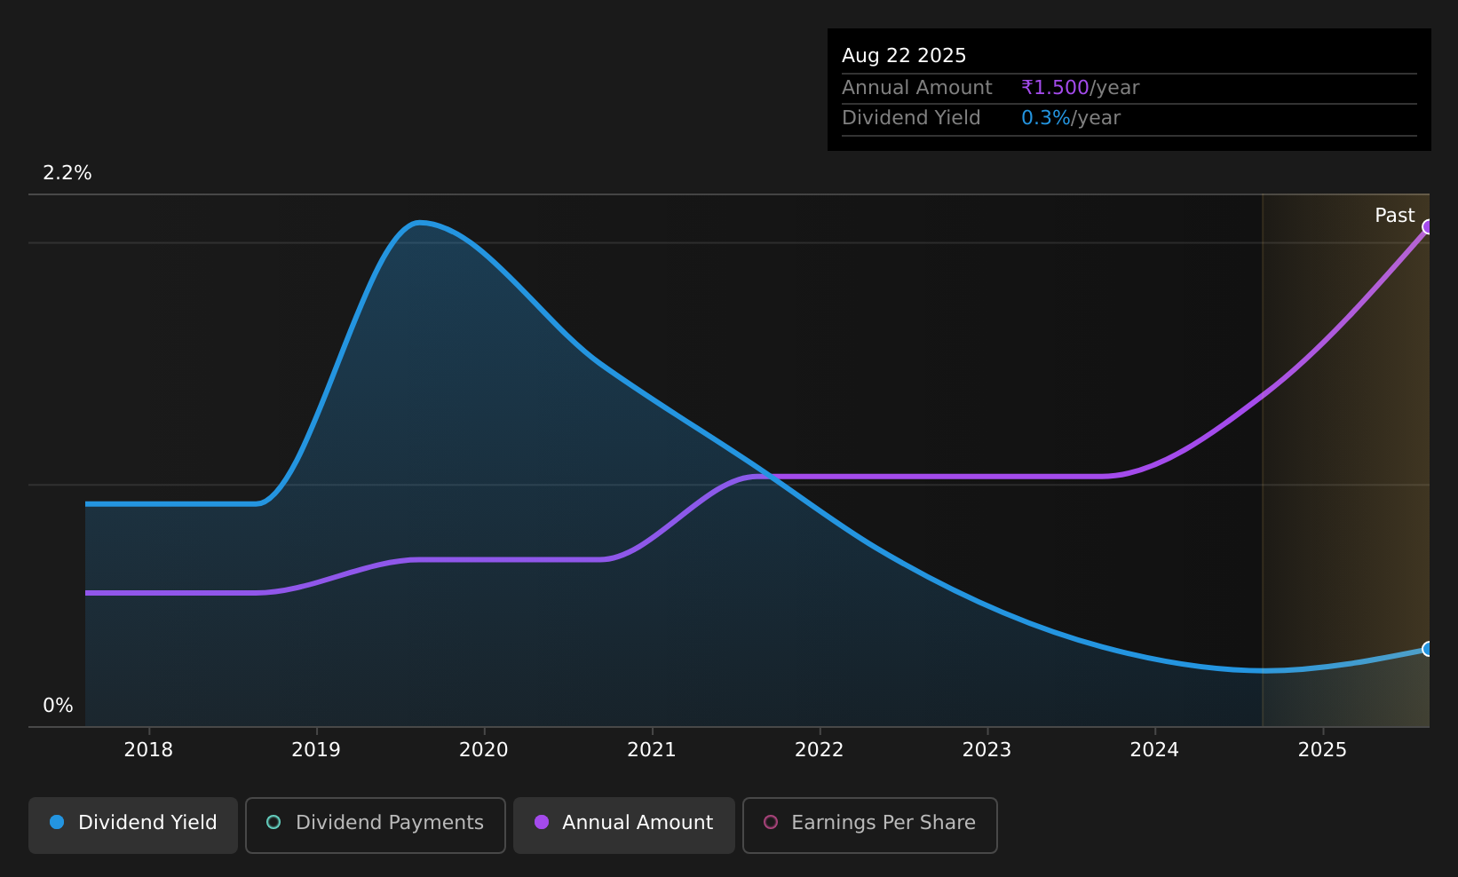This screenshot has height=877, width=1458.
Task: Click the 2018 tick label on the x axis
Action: tap(148, 750)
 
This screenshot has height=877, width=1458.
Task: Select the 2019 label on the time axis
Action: tap(316, 750)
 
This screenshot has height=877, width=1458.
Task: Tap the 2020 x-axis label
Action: tap(484, 750)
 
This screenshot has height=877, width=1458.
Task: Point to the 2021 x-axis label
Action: tap(652, 750)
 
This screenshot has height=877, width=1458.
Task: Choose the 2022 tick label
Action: tap(820, 750)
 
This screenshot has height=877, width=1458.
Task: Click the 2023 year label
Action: tap(987, 750)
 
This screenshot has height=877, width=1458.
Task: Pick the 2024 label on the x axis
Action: tap(1154, 750)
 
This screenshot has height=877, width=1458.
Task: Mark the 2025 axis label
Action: tap(1323, 750)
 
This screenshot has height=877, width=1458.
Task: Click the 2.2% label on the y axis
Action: tap(67, 173)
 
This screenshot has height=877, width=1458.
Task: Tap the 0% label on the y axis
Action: tap(58, 706)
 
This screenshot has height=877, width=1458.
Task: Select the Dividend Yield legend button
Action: tap(133, 825)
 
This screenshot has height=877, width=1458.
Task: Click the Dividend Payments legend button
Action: tap(376, 825)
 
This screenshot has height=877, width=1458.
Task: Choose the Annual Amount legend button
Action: tap(624, 825)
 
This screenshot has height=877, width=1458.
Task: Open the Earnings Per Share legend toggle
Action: tap(870, 825)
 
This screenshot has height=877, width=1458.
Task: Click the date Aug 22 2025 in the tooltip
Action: tap(904, 56)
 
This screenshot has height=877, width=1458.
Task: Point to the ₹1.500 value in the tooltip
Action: tap(1055, 88)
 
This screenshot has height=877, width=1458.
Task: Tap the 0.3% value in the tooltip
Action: tap(1046, 118)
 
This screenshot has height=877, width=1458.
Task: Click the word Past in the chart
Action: tap(1395, 216)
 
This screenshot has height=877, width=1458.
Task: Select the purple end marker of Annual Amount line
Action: tap(1428, 227)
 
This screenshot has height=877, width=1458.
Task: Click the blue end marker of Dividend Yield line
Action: tap(1428, 649)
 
